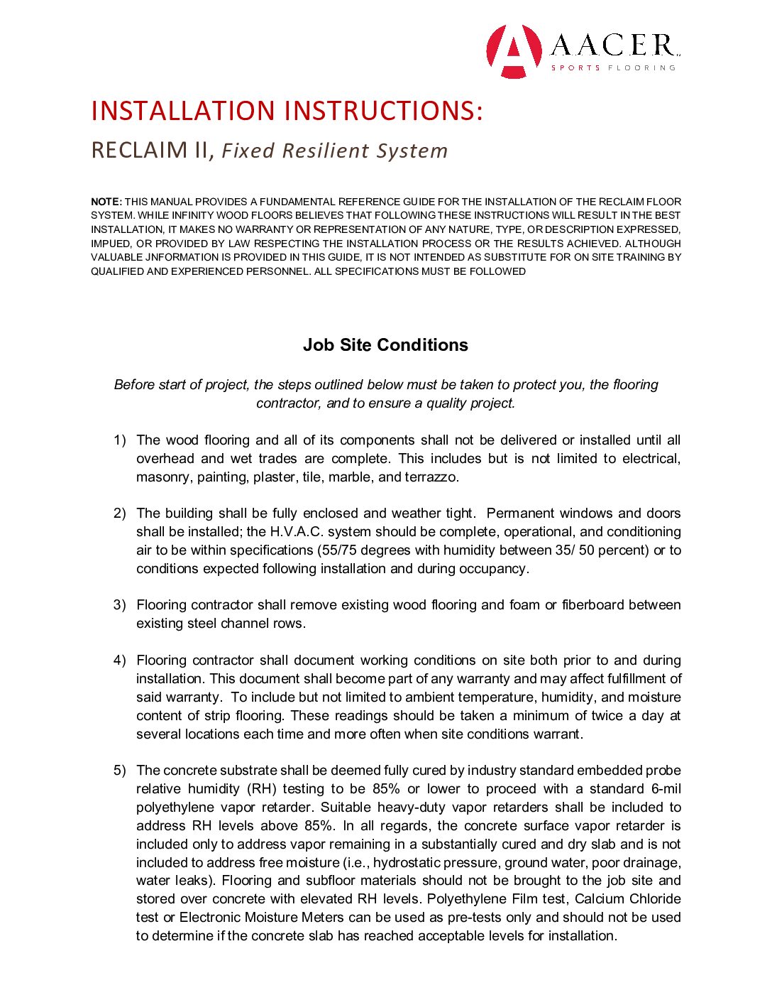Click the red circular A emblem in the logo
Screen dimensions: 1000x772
click(x=513, y=51)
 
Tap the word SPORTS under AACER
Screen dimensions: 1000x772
click(x=575, y=68)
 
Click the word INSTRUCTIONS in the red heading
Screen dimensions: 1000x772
click(x=384, y=111)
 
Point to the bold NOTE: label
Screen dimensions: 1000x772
click(x=106, y=202)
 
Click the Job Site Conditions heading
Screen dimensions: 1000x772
click(x=385, y=345)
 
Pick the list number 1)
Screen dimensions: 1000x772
click(x=120, y=440)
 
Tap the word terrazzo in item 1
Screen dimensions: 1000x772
click(x=431, y=477)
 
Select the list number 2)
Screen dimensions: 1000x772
click(x=120, y=513)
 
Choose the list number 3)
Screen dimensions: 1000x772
click(x=120, y=605)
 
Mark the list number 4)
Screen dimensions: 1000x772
click(x=120, y=661)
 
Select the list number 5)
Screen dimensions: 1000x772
click(x=120, y=771)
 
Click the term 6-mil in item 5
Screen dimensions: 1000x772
click(x=666, y=789)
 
